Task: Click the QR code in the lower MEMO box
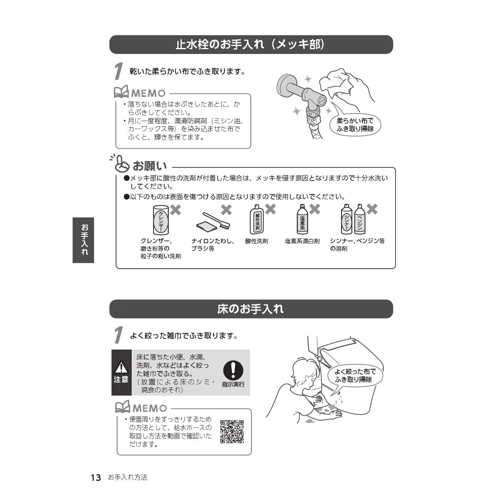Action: tap(232, 431)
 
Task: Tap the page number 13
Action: tap(96, 477)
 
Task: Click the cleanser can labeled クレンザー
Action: tap(161, 220)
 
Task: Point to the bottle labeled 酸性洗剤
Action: tap(257, 219)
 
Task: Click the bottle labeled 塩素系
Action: tap(302, 219)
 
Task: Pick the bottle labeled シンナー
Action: tap(346, 219)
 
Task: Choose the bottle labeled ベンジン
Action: tap(360, 219)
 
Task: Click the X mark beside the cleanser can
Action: tap(175, 210)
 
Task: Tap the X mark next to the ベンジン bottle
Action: tap(372, 209)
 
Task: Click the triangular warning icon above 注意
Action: tap(121, 367)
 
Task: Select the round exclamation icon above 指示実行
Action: tap(233, 370)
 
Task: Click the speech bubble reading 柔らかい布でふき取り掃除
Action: tap(355, 124)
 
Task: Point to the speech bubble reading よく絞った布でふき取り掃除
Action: tap(355, 376)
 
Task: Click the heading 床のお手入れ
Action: tap(250, 309)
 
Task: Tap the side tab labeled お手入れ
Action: tap(83, 240)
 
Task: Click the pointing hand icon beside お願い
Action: tap(120, 163)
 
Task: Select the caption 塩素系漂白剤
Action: tap(302, 241)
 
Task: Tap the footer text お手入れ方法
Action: tap(128, 477)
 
